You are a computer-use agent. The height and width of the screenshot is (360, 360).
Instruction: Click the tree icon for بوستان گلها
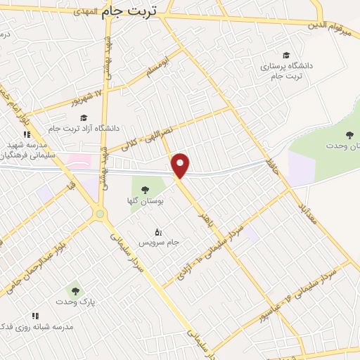pos(145,189)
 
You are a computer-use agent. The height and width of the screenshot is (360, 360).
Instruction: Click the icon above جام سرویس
pos(158,231)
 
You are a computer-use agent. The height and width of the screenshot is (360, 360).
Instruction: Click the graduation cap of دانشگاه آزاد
pos(84,117)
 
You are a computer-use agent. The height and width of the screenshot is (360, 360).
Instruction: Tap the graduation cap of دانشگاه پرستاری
pos(285,55)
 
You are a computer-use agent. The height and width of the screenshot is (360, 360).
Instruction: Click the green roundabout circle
pos(100,213)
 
